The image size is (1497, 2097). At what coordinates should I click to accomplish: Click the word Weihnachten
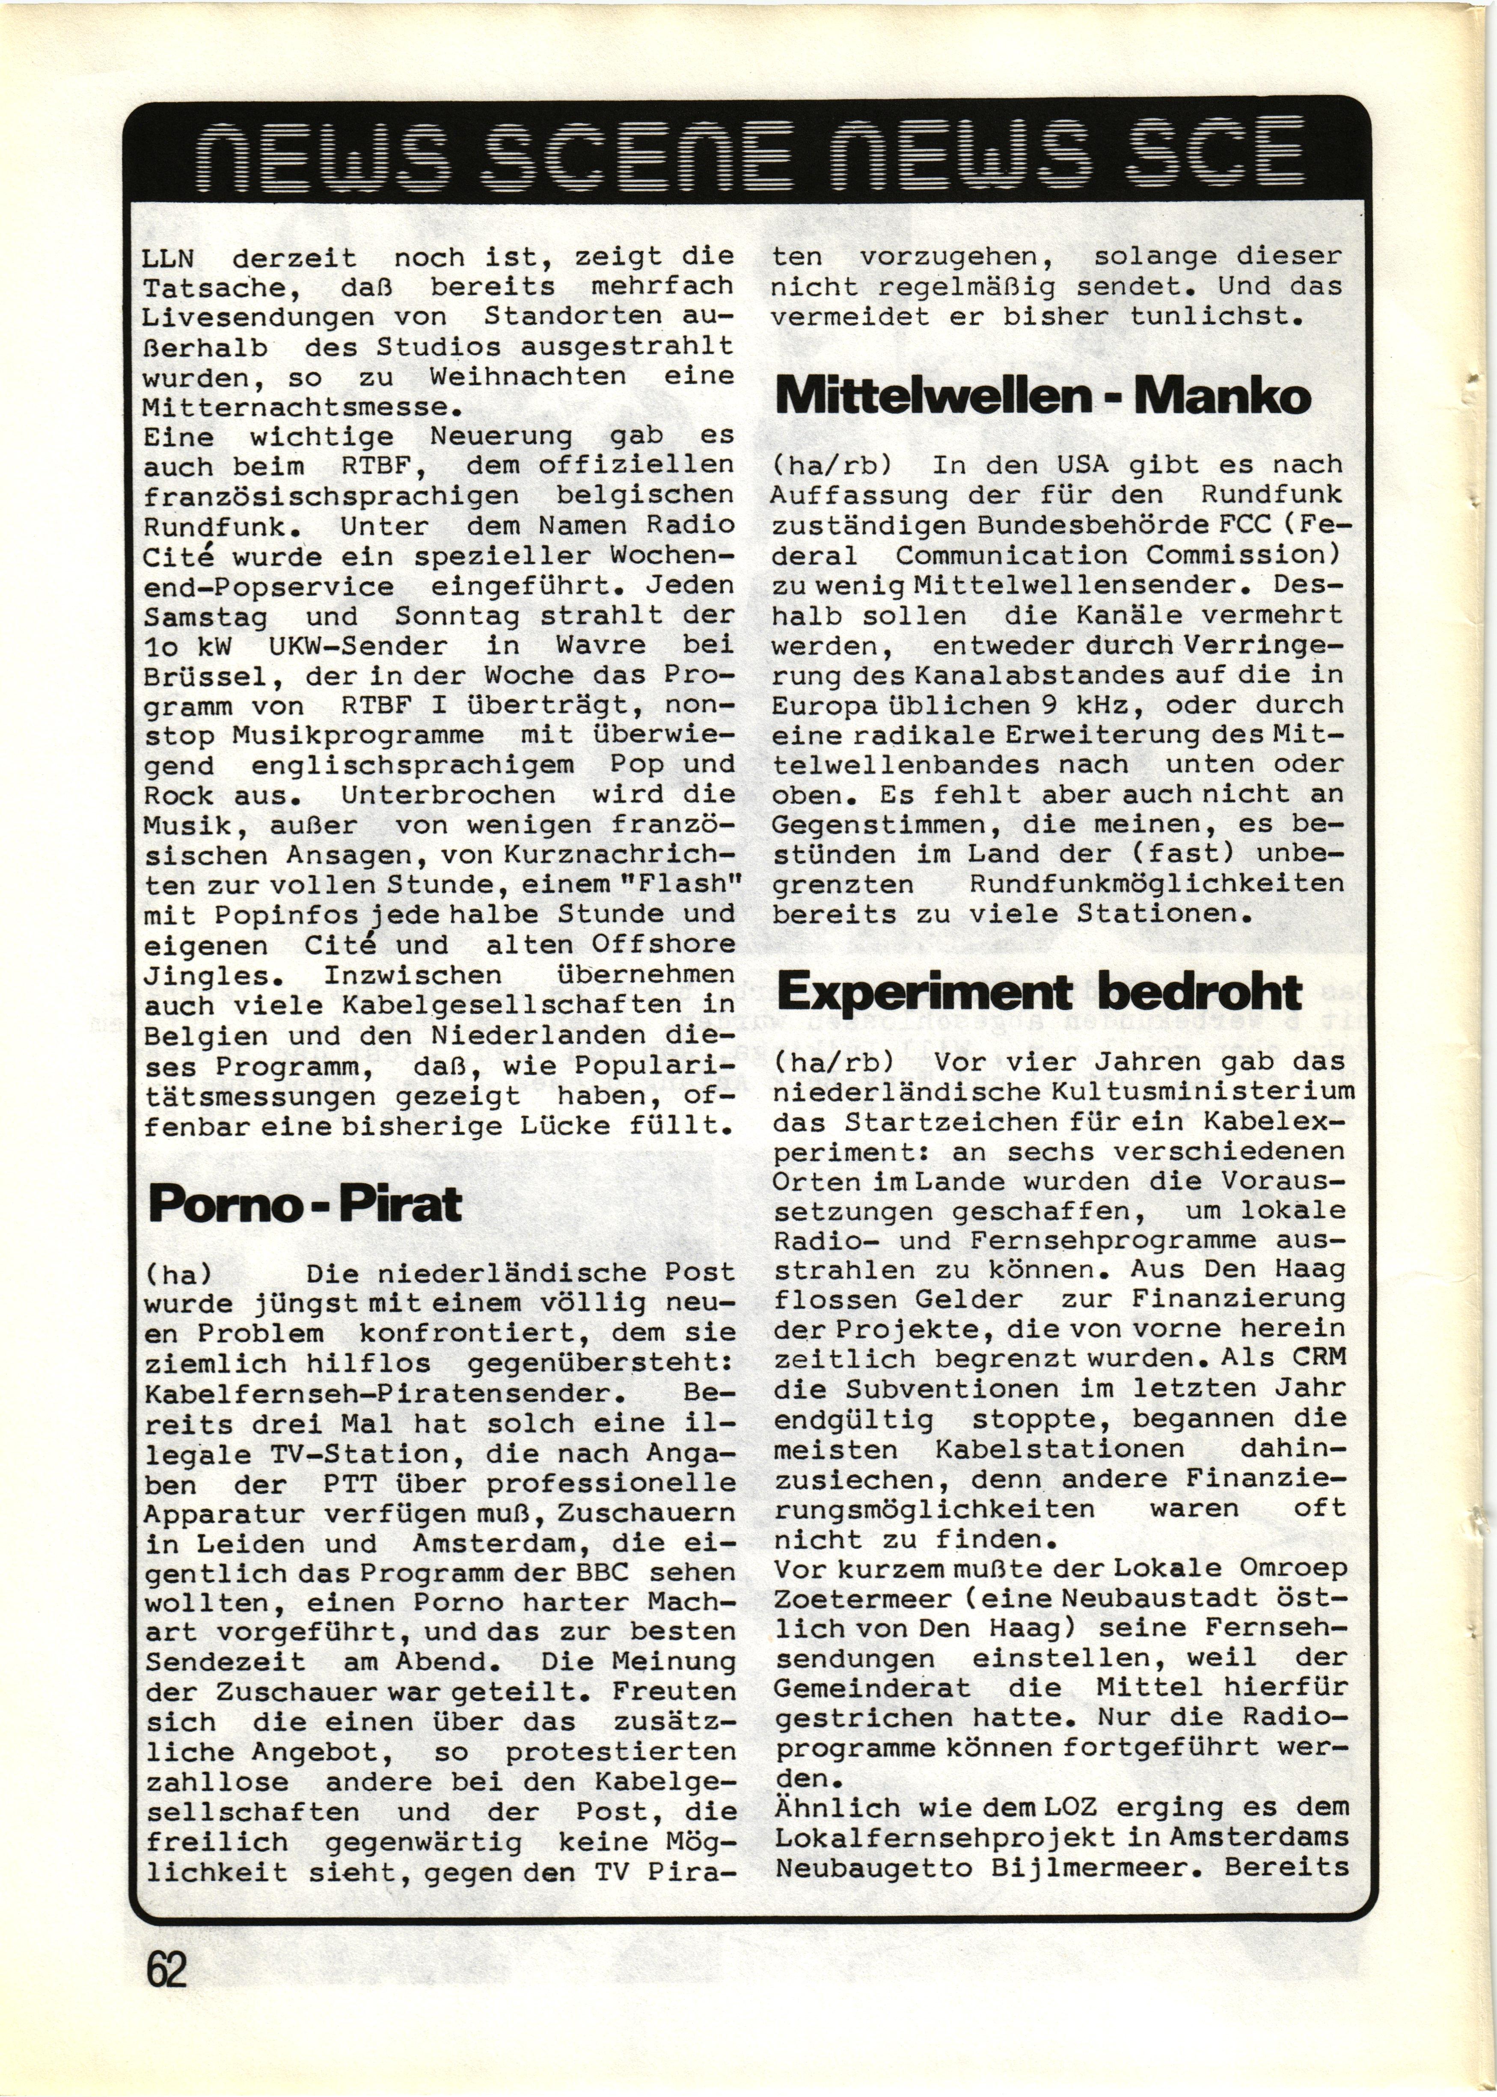point(526,376)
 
